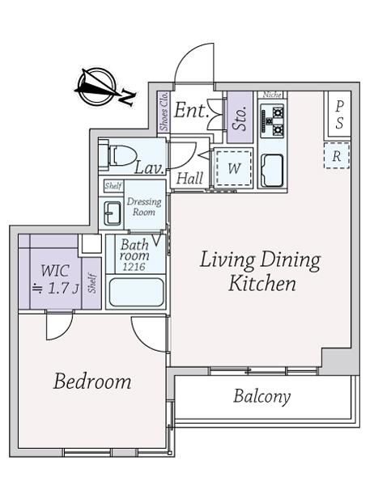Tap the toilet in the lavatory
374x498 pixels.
(x=117, y=156)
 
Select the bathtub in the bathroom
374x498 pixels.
(x=137, y=293)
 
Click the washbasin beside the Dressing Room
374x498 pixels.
(x=113, y=213)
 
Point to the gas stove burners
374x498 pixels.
(x=273, y=121)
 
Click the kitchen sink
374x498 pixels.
(x=272, y=171)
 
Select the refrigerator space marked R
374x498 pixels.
(x=337, y=156)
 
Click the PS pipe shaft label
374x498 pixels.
(x=339, y=115)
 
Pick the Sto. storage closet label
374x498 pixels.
(x=240, y=118)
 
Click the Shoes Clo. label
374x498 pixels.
(x=164, y=112)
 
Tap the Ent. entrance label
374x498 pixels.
(x=190, y=110)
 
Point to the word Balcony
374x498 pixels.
(x=262, y=397)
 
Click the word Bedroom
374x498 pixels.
(x=92, y=382)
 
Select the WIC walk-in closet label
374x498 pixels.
(x=55, y=271)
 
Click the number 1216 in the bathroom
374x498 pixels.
(x=134, y=267)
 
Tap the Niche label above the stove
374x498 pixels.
(x=272, y=95)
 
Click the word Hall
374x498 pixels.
(x=190, y=179)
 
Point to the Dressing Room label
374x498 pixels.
(x=144, y=207)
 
